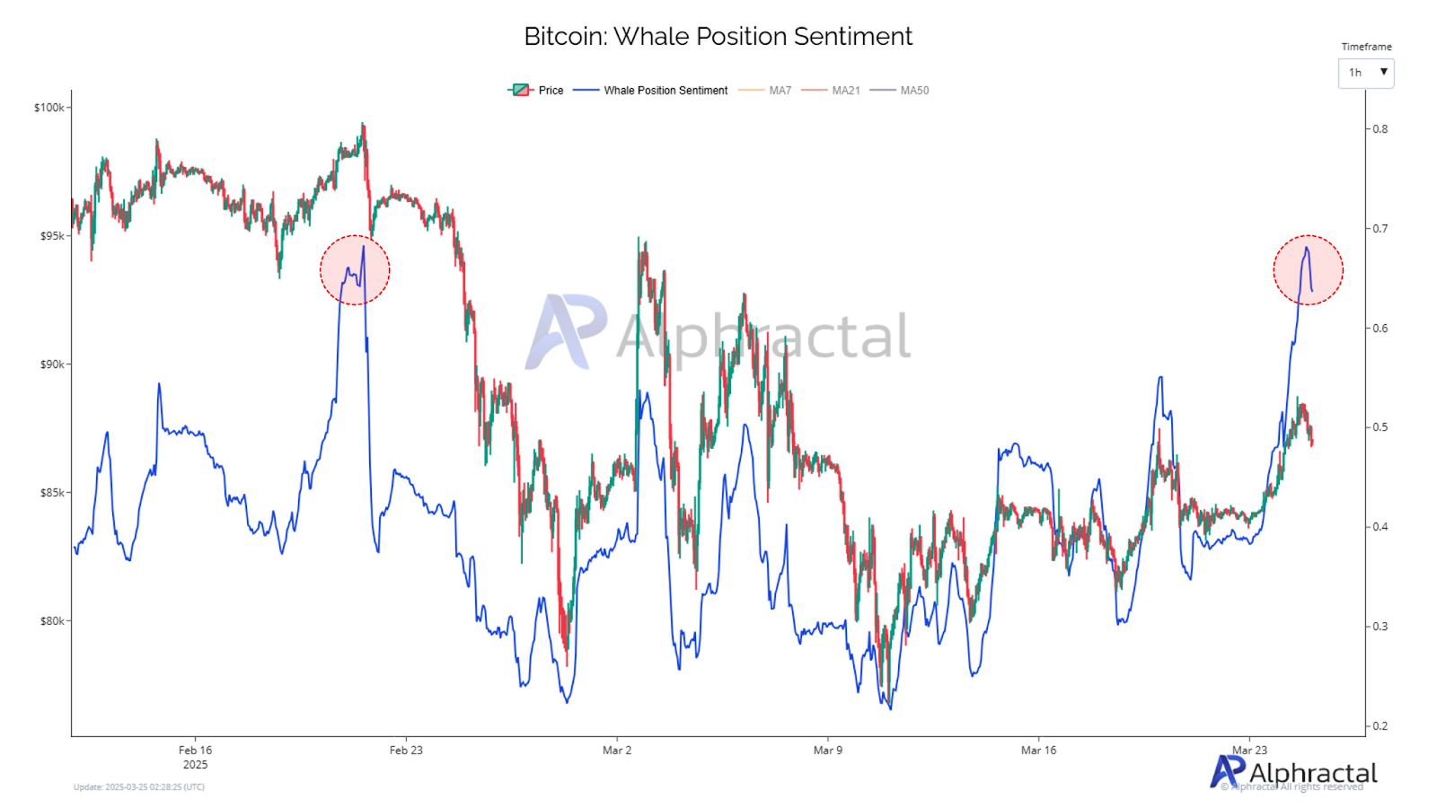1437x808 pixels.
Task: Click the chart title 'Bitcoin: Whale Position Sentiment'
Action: click(718, 37)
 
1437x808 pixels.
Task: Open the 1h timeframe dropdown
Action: click(1365, 73)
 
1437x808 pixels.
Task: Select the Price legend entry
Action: click(537, 91)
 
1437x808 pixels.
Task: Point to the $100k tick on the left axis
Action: click(49, 108)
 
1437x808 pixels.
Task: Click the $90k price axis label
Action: click(52, 364)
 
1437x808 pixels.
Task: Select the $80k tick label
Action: click(52, 621)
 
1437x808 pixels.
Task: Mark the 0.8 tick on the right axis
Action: click(1380, 129)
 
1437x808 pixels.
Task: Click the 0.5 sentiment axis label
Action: click(1380, 427)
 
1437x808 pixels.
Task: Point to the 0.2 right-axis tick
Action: click(1380, 726)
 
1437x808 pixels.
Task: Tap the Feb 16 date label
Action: click(195, 751)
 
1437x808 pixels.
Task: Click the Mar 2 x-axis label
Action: click(617, 751)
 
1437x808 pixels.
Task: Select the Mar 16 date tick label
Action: click(1038, 751)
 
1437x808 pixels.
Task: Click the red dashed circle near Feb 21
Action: click(355, 269)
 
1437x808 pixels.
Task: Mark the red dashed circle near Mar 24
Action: click(1308, 269)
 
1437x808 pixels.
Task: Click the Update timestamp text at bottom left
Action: click(139, 787)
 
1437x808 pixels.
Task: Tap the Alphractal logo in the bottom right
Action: click(1293, 772)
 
